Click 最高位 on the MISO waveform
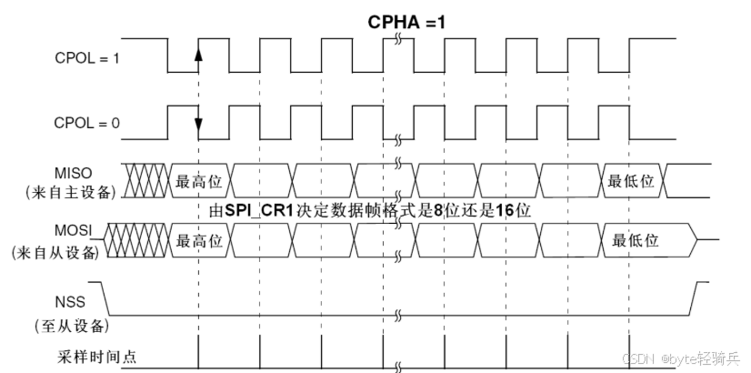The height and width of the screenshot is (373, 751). tap(199, 180)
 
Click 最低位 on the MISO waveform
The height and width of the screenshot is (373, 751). tap(631, 180)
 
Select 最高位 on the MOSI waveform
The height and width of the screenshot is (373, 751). tap(199, 240)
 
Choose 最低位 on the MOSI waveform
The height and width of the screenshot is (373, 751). tap(636, 240)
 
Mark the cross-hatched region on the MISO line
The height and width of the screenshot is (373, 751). tap(145, 180)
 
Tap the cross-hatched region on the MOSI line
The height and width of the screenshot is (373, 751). tap(136, 240)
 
